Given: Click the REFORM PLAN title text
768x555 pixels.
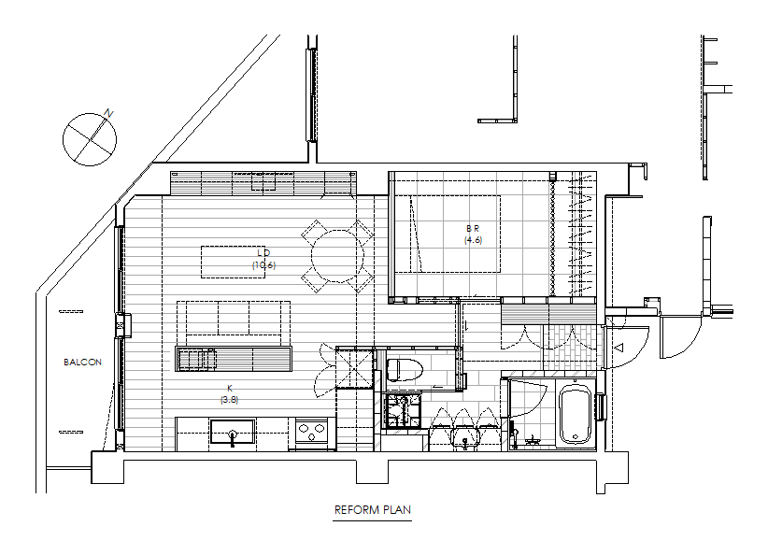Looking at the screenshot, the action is pyautogui.click(x=372, y=509).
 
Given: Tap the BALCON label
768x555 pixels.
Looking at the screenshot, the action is pyautogui.click(x=83, y=362).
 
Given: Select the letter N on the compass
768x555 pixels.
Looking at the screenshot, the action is pyautogui.click(x=108, y=114).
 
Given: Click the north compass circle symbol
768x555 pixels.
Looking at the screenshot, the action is pyautogui.click(x=90, y=139).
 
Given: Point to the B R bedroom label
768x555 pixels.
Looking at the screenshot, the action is pyautogui.click(x=473, y=228).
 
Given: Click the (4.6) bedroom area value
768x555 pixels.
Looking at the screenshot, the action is pyautogui.click(x=473, y=240).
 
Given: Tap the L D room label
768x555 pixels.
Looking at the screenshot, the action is pyautogui.click(x=263, y=253).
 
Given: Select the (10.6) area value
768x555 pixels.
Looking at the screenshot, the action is pyautogui.click(x=264, y=265).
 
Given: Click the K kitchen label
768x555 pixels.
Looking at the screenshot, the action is pyautogui.click(x=230, y=388).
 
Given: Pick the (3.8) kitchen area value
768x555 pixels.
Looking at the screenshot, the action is pyautogui.click(x=229, y=399).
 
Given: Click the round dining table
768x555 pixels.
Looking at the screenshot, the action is pyautogui.click(x=338, y=256).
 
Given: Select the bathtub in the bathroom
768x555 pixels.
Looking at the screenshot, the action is pyautogui.click(x=575, y=414).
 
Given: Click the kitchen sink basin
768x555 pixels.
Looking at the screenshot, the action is pyautogui.click(x=233, y=432).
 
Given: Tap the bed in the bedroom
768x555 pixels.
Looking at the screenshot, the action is pyautogui.click(x=448, y=235).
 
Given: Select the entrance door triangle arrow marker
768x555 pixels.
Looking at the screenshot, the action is pyautogui.click(x=619, y=348).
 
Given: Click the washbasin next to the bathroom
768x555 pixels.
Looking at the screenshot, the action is pyautogui.click(x=464, y=437).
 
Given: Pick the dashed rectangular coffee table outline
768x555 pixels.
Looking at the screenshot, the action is pyautogui.click(x=234, y=262).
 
